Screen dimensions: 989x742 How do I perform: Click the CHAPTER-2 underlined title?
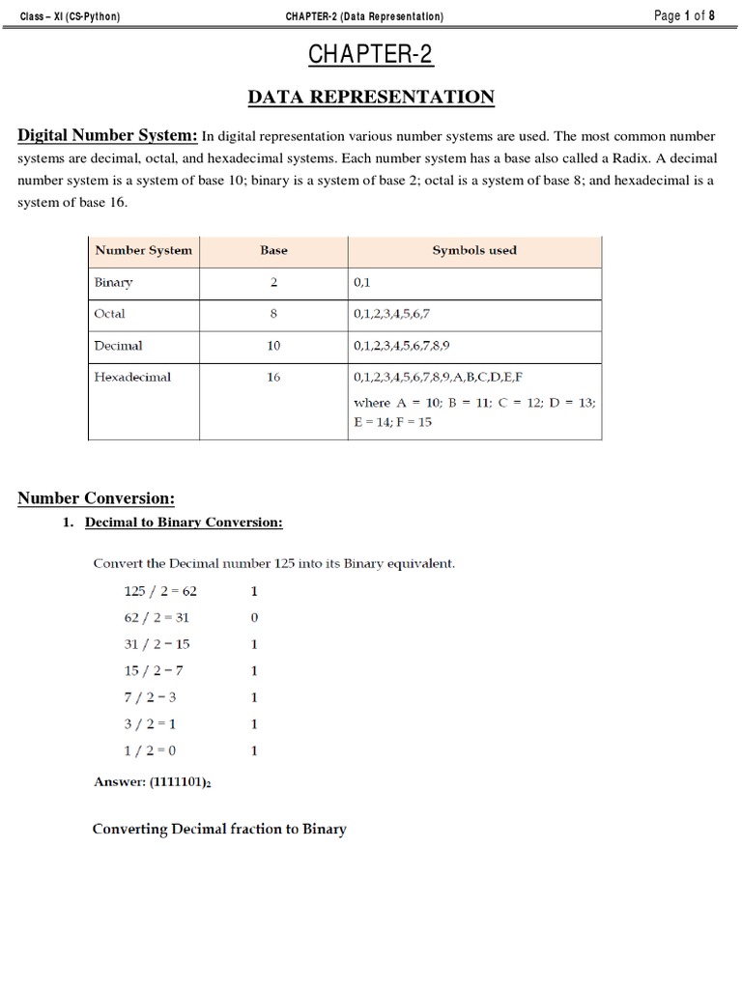point(371,56)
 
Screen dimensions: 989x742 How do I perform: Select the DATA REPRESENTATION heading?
point(371,97)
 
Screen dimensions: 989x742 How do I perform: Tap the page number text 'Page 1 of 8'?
point(684,15)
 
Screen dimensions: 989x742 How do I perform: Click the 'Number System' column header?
point(143,250)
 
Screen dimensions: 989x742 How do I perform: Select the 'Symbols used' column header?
point(474,250)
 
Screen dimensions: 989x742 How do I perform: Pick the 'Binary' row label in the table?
point(113,283)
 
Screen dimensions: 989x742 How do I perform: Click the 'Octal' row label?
point(110,314)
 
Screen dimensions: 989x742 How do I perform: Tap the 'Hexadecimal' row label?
point(132,377)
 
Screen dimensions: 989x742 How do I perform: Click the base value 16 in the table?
point(273,377)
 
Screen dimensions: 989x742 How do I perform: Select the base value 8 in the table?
point(273,314)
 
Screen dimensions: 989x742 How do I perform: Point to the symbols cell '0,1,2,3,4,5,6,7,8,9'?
point(402,345)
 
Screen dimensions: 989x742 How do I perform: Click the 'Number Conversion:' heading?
point(97,498)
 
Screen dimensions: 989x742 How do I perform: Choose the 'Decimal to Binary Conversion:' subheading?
point(184,523)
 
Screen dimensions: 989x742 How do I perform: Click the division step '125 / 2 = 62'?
point(160,591)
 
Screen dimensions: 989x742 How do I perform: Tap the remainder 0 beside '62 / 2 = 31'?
point(254,617)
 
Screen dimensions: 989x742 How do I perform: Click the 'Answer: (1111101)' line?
point(152,783)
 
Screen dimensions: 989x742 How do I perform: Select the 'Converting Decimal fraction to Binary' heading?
point(219,829)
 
